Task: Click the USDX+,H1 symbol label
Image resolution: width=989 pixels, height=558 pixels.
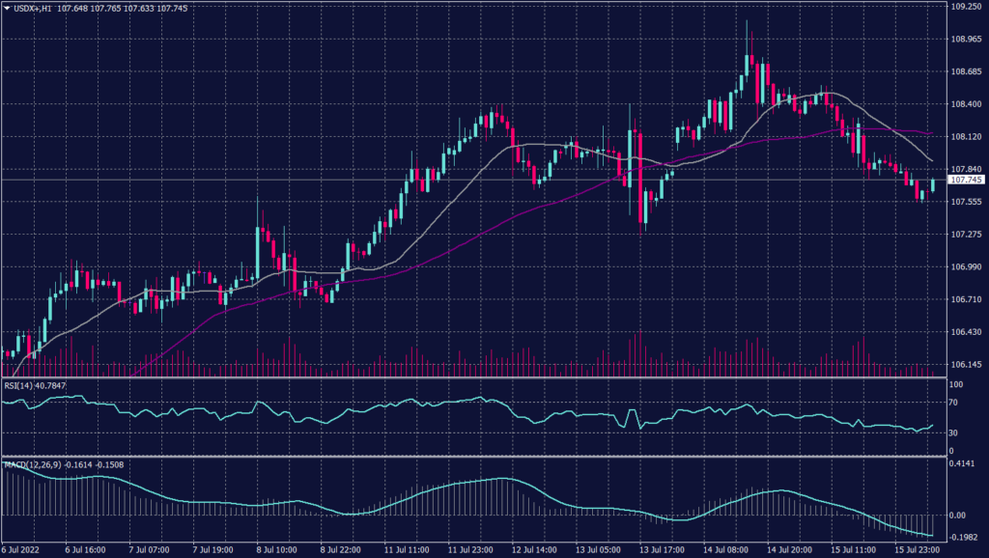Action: pyautogui.click(x=32, y=8)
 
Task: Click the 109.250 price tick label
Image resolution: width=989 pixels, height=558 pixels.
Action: pyautogui.click(x=966, y=7)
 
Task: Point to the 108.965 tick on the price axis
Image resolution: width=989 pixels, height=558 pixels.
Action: pyautogui.click(x=966, y=40)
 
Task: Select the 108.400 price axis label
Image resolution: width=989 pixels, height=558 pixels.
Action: pyautogui.click(x=966, y=104)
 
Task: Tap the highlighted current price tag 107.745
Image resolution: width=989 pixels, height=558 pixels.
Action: pyautogui.click(x=967, y=180)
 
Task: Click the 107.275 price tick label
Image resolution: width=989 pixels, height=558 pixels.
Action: pyautogui.click(x=966, y=235)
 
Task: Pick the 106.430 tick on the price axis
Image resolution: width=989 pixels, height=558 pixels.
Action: pyautogui.click(x=966, y=332)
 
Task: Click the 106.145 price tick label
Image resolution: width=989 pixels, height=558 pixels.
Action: pyautogui.click(x=966, y=365)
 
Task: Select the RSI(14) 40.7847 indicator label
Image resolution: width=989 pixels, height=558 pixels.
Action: pyautogui.click(x=38, y=385)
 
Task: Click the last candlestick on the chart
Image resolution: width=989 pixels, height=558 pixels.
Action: pyautogui.click(x=934, y=185)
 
